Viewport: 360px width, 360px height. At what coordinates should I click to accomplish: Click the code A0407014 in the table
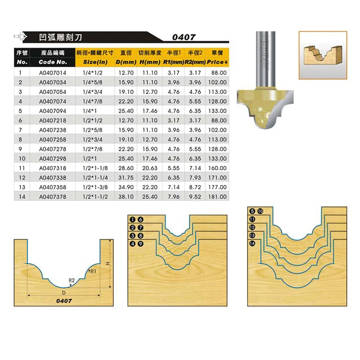(x=53, y=73)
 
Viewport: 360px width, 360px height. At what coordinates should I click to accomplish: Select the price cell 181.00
(x=217, y=197)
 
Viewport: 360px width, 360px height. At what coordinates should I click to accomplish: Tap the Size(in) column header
(x=95, y=62)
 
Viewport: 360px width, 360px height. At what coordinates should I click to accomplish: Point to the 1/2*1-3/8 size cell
(x=95, y=187)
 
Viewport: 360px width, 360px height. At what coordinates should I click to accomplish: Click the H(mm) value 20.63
(x=150, y=168)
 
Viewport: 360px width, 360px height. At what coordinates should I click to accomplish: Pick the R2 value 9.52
(x=195, y=197)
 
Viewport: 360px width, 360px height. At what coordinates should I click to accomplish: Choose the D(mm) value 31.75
(x=126, y=178)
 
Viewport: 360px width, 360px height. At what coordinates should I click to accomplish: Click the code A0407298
(x=53, y=159)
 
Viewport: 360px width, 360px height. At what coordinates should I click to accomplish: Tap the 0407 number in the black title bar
(x=184, y=37)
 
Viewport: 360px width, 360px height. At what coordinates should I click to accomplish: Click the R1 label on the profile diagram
(x=93, y=271)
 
